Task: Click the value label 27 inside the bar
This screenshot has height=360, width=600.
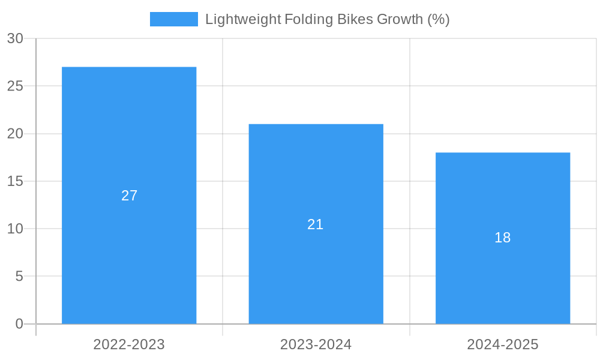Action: pos(130,196)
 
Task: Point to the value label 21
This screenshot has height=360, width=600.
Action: pos(316,224)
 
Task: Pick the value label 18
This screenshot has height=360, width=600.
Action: pos(503,238)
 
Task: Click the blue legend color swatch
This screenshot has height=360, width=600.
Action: pos(173,19)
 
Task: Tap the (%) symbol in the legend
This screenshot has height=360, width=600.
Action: pos(438,19)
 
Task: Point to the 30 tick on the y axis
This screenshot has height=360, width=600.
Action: pos(15,38)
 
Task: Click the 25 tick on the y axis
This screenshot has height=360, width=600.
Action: pos(15,86)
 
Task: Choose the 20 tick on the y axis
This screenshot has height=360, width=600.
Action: pos(15,134)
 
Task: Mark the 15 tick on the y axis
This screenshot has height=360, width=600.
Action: pos(15,181)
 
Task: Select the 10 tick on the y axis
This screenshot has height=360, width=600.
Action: pos(15,229)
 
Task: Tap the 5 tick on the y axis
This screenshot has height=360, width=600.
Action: pos(19,277)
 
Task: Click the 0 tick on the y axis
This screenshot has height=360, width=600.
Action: pos(19,324)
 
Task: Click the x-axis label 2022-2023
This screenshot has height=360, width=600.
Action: pos(129,344)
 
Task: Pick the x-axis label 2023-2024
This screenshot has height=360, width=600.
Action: pos(316,344)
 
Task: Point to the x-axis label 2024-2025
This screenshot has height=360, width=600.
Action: pos(503,344)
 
